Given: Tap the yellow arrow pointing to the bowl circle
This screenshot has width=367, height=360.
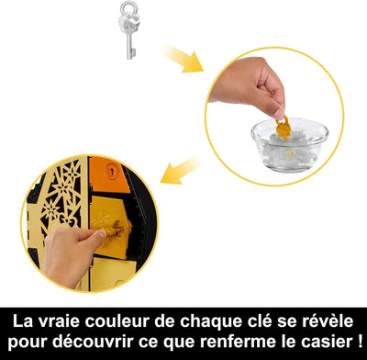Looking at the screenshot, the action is [x=183, y=59].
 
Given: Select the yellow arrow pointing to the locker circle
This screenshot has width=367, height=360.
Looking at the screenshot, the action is [x=181, y=172].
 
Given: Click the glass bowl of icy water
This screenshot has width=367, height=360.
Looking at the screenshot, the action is [x=289, y=144].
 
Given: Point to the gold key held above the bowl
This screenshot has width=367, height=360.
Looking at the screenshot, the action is [x=284, y=129].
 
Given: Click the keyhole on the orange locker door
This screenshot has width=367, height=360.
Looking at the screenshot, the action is [x=112, y=171].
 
